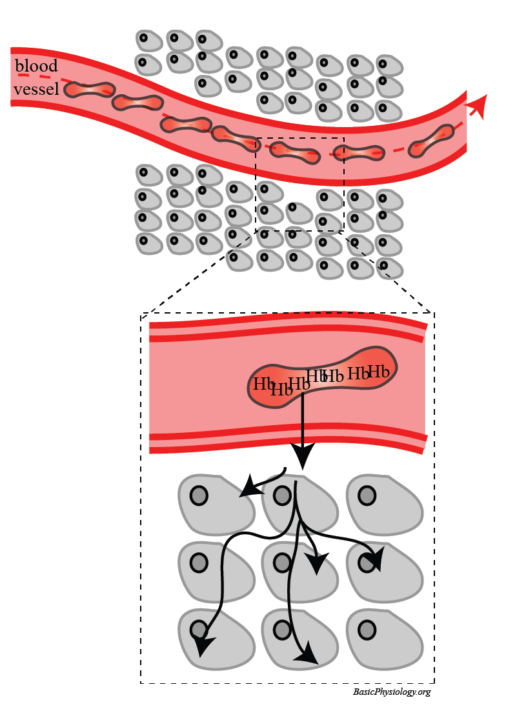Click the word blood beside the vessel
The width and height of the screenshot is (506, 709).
(x=36, y=66)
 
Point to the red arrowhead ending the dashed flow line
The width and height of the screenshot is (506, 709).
(x=478, y=105)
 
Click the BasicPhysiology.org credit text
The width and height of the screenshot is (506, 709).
(x=392, y=692)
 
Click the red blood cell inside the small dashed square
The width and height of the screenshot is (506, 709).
(x=295, y=152)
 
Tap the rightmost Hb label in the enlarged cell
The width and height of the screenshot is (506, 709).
(x=379, y=372)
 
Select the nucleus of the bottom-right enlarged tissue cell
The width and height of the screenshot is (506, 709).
(x=367, y=629)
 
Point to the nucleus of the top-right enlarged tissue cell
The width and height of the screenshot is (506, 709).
(x=367, y=495)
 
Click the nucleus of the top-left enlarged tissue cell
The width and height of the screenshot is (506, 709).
(x=199, y=495)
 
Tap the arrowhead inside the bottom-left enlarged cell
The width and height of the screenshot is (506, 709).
(x=203, y=646)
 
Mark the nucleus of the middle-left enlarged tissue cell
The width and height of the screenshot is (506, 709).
(x=199, y=563)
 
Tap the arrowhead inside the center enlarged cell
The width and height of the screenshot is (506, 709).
(x=316, y=564)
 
